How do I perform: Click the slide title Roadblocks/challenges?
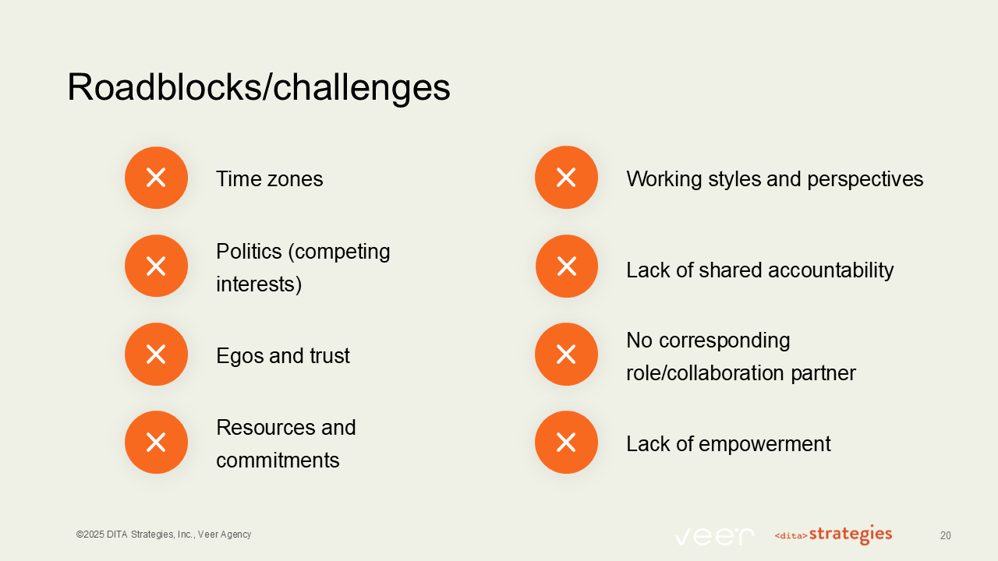pyautogui.click(x=259, y=87)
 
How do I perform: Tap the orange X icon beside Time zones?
pyautogui.click(x=156, y=178)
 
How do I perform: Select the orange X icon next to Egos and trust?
pyautogui.click(x=156, y=355)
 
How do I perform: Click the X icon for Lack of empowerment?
pyautogui.click(x=566, y=443)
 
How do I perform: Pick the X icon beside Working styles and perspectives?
pyautogui.click(x=566, y=178)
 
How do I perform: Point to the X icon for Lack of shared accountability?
pyautogui.click(x=566, y=266)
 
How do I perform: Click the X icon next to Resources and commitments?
pyautogui.click(x=156, y=443)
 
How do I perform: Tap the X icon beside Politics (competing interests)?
pyautogui.click(x=156, y=266)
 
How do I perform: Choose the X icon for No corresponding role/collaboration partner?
pyautogui.click(x=566, y=355)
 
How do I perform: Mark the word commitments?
pyautogui.click(x=278, y=460)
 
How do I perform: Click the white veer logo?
pyautogui.click(x=714, y=536)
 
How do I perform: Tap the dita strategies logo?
pyautogui.click(x=833, y=535)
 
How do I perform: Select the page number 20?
pyautogui.click(x=945, y=536)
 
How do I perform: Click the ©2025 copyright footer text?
pyautogui.click(x=164, y=535)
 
